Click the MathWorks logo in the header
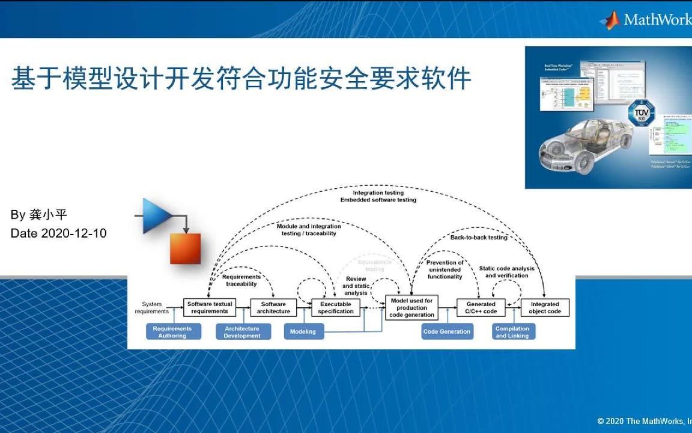click(646, 20)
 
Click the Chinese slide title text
click(241, 79)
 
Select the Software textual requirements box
click(209, 308)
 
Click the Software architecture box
click(273, 308)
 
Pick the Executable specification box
click(336, 308)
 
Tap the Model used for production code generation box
click(411, 308)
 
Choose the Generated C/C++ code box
click(481, 308)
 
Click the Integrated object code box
click(545, 308)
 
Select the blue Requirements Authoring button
click(172, 332)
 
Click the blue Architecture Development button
click(242, 332)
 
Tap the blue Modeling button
click(303, 332)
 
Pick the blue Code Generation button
click(447, 332)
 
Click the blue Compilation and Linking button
click(512, 332)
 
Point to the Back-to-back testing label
click(479, 238)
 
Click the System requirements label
click(152, 308)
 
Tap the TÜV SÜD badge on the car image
click(642, 114)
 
